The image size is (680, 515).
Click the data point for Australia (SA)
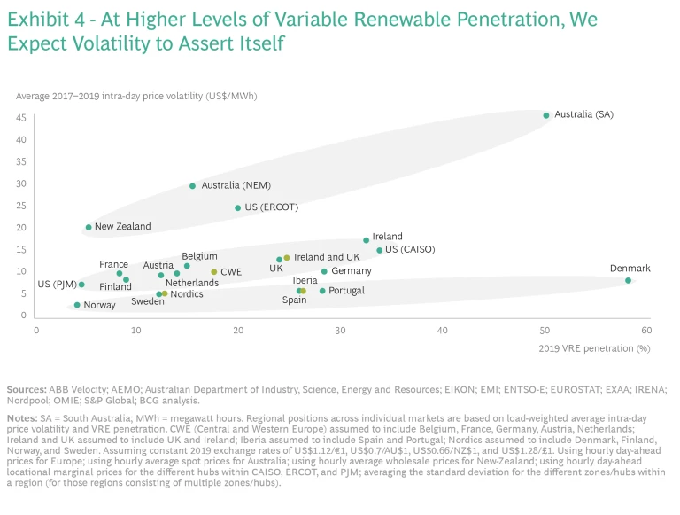[x=546, y=115]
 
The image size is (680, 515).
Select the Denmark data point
[x=628, y=280]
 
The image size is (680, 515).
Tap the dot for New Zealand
[x=89, y=227]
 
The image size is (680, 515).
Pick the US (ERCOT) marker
[x=238, y=208]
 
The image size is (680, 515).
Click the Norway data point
[x=77, y=305]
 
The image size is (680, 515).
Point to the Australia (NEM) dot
[x=192, y=186]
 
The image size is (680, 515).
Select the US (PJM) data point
[x=81, y=285]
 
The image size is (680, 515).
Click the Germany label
[x=352, y=271]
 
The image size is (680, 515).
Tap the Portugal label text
[x=346, y=291]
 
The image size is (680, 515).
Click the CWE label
[x=231, y=272]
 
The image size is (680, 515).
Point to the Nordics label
[x=187, y=294]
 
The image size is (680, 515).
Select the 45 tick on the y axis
[x=20, y=117]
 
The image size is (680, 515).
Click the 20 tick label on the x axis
[x=239, y=330]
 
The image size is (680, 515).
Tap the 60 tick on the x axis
[x=645, y=330]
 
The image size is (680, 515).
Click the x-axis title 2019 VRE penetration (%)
[x=594, y=348]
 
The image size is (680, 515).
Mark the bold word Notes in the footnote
[x=21, y=417]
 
